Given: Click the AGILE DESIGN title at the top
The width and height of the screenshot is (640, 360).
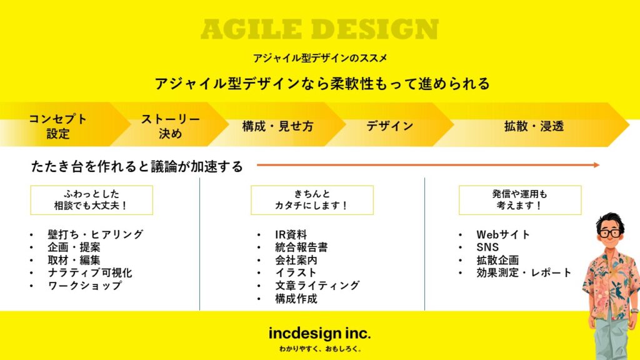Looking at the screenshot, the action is [319, 29].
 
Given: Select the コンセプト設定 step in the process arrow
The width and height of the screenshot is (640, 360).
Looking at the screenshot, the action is [57, 126].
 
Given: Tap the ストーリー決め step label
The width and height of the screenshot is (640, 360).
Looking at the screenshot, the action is [170, 126].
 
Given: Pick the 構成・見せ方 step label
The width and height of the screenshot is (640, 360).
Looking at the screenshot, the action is [277, 126].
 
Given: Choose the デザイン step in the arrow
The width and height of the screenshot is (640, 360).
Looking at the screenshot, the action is [390, 126].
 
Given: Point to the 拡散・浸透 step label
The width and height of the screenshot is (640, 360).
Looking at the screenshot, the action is [534, 126].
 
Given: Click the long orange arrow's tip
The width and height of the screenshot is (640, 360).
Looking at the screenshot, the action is [599, 165].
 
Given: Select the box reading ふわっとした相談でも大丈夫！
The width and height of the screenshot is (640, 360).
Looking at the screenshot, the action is [91, 200].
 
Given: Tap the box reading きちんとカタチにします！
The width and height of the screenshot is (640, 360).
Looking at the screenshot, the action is [312, 200].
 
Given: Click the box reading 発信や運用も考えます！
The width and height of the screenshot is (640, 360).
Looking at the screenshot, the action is [520, 200].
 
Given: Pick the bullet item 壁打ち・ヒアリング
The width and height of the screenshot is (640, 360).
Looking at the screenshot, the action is [96, 234].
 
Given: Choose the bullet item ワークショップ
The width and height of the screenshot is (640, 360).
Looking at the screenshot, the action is [84, 285].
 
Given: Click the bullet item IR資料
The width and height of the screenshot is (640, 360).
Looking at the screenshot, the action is [291, 235].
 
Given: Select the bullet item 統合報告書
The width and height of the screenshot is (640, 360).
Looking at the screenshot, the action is [301, 247].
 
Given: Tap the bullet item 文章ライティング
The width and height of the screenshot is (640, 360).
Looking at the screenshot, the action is [317, 285].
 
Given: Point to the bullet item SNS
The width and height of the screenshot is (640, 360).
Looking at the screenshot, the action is [487, 247].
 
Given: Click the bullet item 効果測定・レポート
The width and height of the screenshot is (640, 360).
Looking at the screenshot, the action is [524, 272].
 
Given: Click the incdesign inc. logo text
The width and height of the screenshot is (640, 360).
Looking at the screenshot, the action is [319, 334].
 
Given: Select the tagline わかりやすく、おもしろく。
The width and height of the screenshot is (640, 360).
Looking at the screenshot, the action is [320, 349].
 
